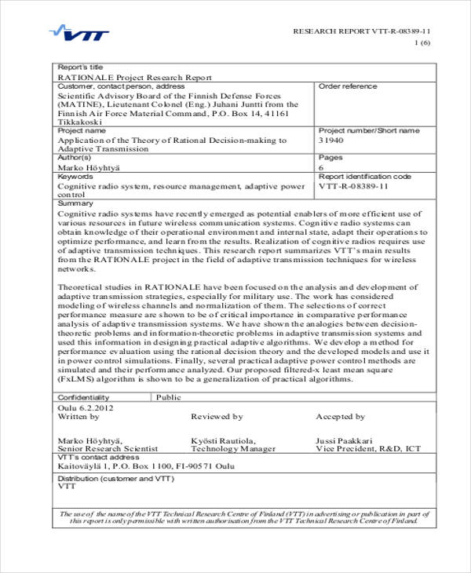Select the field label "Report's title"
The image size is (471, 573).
(x=80, y=68)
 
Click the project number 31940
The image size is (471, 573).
(x=331, y=141)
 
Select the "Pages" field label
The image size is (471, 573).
(x=330, y=158)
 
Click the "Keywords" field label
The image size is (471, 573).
(x=76, y=177)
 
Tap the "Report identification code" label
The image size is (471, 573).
(x=364, y=177)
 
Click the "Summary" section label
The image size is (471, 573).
(x=75, y=203)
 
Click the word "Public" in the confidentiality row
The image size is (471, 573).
(x=168, y=398)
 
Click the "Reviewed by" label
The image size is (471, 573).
(x=217, y=417)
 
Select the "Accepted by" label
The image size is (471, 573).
(x=340, y=417)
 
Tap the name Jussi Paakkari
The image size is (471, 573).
(x=344, y=440)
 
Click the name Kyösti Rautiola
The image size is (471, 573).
(x=221, y=440)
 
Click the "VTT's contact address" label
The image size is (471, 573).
(x=98, y=457)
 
